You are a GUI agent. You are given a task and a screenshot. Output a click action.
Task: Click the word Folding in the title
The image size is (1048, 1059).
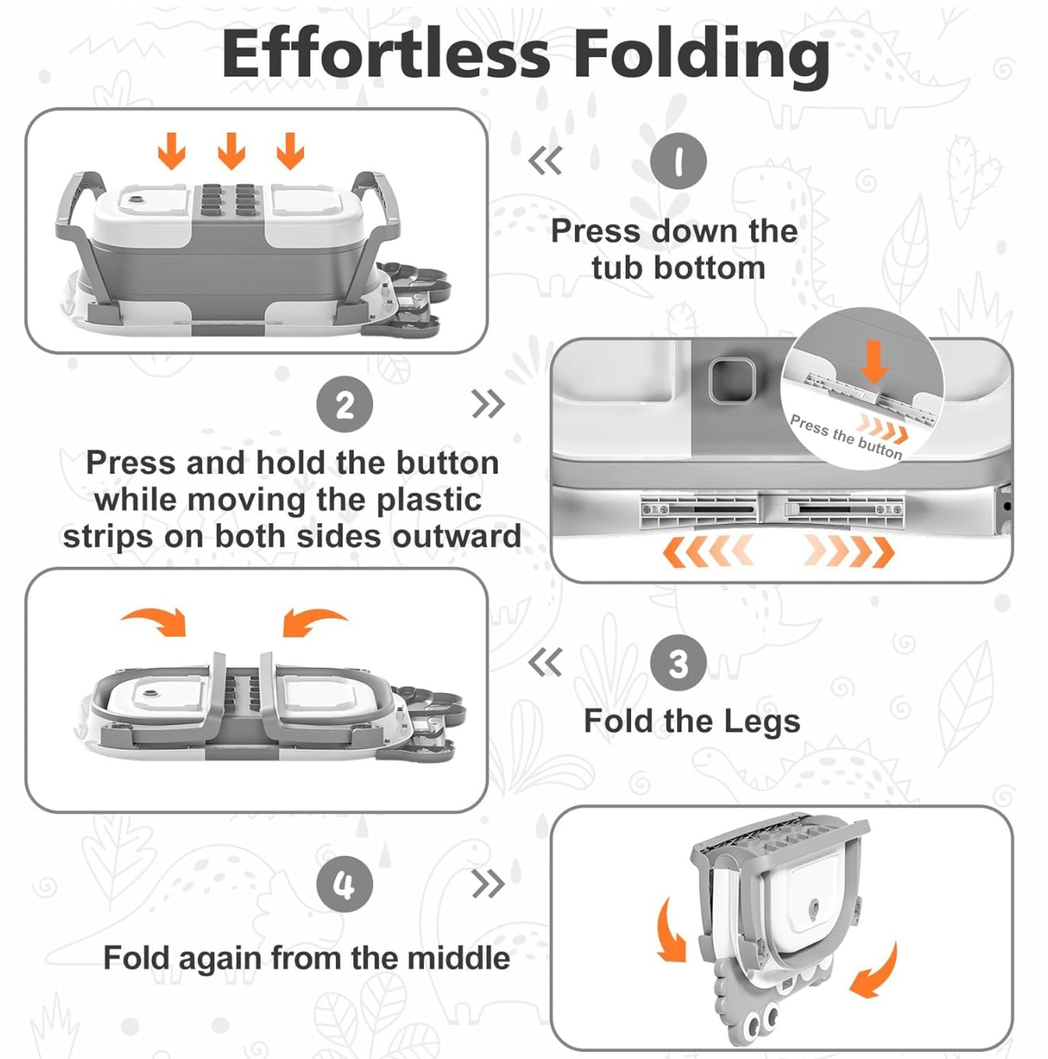(x=701, y=58)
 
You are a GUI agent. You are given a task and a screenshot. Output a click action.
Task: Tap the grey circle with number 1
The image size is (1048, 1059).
(x=678, y=160)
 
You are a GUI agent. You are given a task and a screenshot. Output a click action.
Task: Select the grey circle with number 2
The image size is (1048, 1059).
(x=345, y=404)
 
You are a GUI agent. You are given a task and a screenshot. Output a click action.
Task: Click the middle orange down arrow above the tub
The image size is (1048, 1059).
(x=232, y=150)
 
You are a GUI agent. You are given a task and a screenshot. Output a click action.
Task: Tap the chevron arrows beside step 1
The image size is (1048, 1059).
(x=545, y=160)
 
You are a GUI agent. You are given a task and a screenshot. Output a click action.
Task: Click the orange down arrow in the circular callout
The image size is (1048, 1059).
(x=873, y=362)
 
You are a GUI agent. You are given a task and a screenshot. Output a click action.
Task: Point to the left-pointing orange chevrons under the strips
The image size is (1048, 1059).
(x=707, y=551)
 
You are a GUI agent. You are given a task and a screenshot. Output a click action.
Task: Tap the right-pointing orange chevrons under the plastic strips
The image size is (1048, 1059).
(x=849, y=551)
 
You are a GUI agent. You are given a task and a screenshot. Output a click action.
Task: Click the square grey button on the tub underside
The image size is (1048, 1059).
(x=730, y=381)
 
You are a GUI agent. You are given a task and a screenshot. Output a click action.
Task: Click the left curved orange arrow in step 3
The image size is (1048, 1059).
(x=154, y=622)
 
